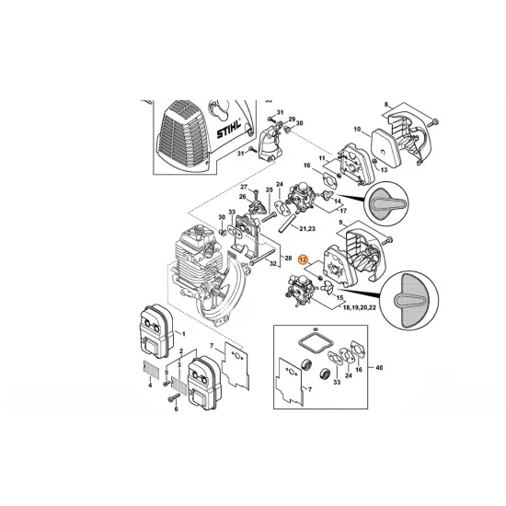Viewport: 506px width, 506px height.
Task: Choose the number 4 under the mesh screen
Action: pos(150,384)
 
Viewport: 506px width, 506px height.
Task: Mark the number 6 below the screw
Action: pos(174,409)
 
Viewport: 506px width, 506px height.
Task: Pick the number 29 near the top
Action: pos(292,121)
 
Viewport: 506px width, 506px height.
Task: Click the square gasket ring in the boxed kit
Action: pos(314,339)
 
